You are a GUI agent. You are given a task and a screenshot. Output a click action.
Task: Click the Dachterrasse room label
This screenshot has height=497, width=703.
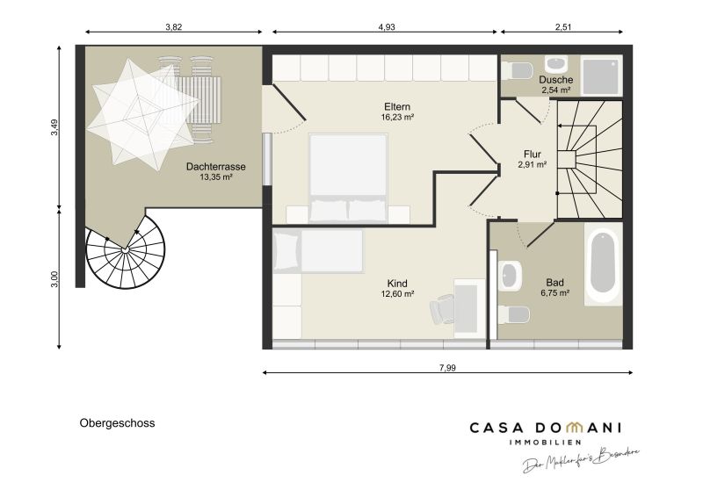(215, 167)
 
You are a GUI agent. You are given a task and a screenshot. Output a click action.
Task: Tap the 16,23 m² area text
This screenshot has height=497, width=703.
(397, 118)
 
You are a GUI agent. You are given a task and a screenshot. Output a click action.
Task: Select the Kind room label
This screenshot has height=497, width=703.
(397, 284)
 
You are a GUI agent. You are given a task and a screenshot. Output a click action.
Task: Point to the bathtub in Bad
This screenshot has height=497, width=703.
(604, 265)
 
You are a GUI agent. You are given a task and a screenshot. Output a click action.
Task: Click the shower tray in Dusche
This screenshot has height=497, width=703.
(601, 75)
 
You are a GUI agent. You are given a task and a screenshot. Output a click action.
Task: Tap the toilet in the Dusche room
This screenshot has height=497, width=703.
(517, 70)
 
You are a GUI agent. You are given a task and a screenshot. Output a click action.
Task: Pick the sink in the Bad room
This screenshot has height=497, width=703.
(511, 275)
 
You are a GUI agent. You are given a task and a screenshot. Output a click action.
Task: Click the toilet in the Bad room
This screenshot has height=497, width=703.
(514, 314)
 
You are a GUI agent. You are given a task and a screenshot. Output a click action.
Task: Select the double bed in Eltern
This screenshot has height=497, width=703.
(348, 178)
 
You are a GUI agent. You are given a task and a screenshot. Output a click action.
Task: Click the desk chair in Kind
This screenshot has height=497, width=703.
(442, 309)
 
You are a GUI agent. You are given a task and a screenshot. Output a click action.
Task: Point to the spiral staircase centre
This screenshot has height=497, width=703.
(125, 249)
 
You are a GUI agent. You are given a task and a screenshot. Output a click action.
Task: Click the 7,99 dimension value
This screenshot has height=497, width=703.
(447, 368)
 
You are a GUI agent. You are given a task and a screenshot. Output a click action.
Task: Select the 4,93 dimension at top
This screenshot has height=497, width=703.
(387, 27)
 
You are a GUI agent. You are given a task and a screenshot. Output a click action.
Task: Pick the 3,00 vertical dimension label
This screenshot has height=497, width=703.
(54, 279)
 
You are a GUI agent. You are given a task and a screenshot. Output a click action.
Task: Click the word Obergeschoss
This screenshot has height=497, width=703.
(118, 423)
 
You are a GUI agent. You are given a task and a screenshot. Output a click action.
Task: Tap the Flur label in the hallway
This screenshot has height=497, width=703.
(533, 155)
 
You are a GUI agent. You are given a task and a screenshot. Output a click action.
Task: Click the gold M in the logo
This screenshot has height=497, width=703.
(574, 427)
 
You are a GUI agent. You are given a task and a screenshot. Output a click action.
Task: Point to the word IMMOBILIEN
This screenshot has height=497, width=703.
(545, 443)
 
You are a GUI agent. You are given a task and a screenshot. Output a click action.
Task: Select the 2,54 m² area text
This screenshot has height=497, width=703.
(556, 90)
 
